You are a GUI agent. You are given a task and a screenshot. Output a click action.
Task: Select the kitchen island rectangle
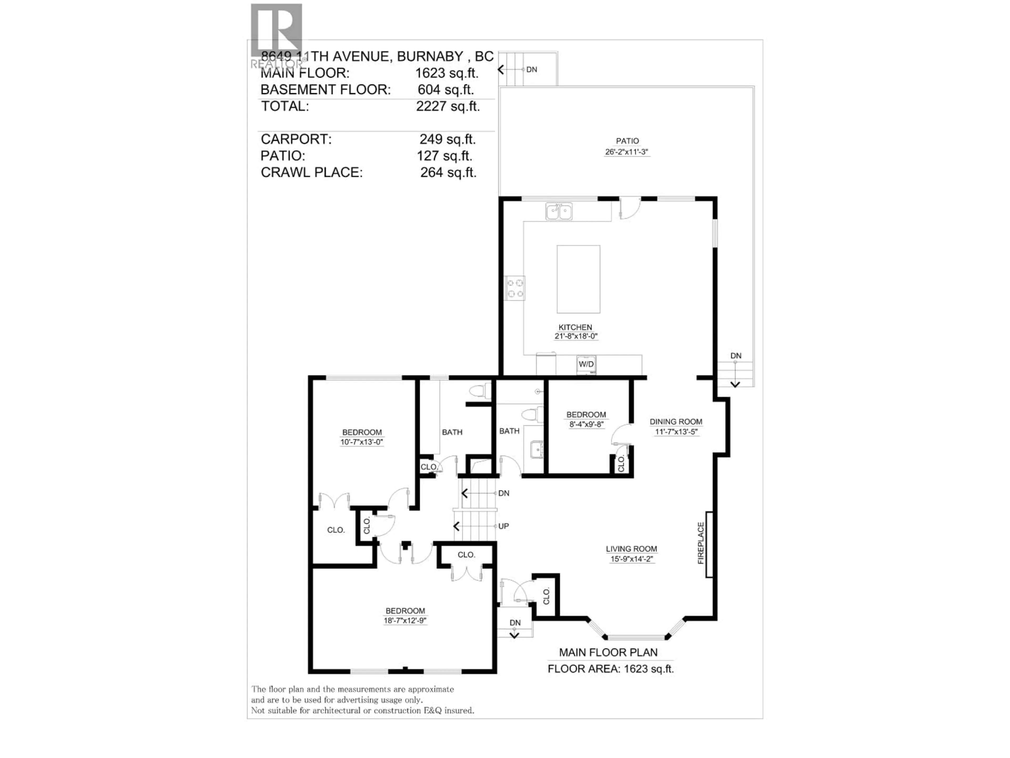pyautogui.click(x=578, y=279)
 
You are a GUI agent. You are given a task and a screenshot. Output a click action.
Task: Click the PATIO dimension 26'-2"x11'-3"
pyautogui.click(x=627, y=152)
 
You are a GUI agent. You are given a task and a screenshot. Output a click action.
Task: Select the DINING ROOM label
pyautogui.click(x=676, y=422)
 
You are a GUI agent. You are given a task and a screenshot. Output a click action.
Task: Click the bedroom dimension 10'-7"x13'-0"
pyautogui.click(x=362, y=442)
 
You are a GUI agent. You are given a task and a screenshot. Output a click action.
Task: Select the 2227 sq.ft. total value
pyautogui.click(x=447, y=106)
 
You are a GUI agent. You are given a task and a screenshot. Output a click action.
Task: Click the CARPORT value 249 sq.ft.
pyautogui.click(x=447, y=139)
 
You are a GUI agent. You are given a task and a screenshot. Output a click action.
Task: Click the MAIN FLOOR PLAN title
pyautogui.click(x=608, y=652)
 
